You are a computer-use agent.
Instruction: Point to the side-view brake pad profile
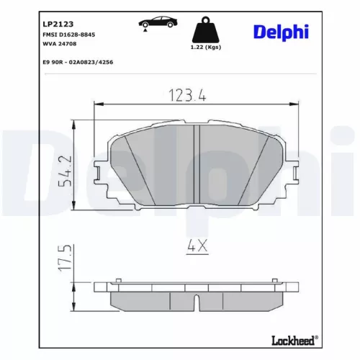pyautogui.click(x=197, y=297)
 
